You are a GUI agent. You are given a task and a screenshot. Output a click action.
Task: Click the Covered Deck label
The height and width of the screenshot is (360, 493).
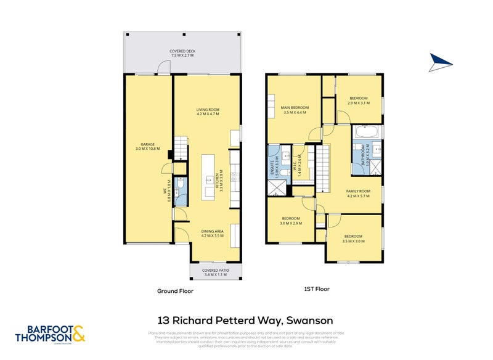pyautogui.click(x=182, y=53)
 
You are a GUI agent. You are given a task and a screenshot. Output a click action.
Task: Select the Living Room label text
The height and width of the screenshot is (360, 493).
pyautogui.click(x=208, y=112)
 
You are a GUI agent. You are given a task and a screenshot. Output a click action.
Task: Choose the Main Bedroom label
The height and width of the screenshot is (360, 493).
pyautogui.click(x=295, y=110)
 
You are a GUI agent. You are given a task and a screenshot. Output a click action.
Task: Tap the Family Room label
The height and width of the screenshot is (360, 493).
pyautogui.click(x=357, y=194)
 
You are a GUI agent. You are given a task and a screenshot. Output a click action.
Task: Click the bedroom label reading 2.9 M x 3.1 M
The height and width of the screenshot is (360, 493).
pyautogui.click(x=359, y=100)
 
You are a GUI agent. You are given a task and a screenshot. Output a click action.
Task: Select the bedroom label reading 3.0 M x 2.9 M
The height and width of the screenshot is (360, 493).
pyautogui.click(x=291, y=220)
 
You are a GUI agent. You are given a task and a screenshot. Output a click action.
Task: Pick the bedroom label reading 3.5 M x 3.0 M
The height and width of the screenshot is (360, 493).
pyautogui.click(x=354, y=238)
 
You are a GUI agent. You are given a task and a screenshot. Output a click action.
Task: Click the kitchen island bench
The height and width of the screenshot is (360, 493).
pyautogui.click(x=210, y=176)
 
